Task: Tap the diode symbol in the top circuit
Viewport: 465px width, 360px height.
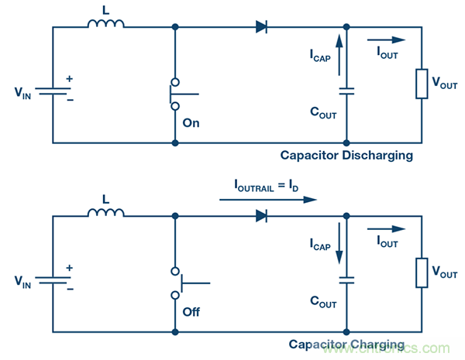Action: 262,27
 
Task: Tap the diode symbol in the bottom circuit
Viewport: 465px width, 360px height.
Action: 262,216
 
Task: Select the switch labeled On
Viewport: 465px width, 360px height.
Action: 176,94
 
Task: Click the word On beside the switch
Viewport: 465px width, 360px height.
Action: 191,122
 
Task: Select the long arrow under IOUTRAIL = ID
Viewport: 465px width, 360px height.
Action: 268,199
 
